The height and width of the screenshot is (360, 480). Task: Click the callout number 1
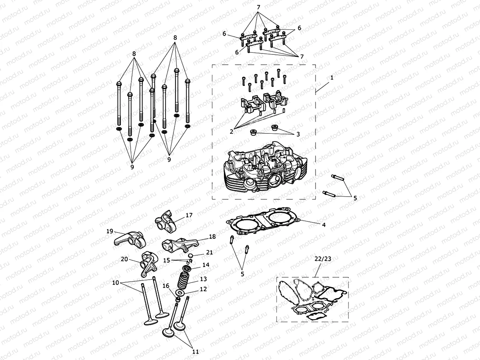tap(332, 78)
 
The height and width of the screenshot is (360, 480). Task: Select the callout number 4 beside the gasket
tap(323, 225)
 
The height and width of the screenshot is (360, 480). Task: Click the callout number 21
tap(209, 252)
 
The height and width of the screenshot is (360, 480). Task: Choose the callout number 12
tap(203, 289)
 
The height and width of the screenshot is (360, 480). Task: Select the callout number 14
tap(206, 265)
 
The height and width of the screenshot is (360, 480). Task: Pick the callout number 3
tap(298, 134)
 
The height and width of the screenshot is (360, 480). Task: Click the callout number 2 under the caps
tap(231, 131)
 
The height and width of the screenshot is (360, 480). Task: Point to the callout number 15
tap(167, 260)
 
